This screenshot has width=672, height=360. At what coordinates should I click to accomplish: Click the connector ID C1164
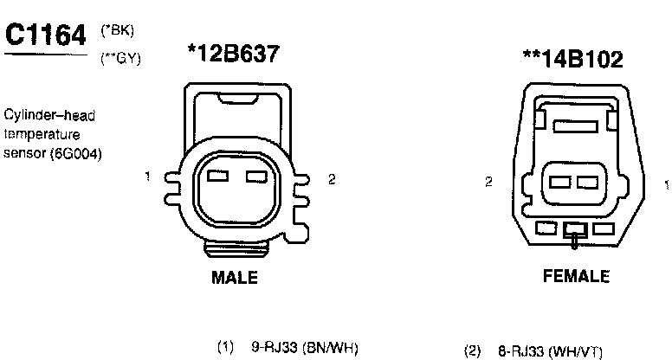point(45,35)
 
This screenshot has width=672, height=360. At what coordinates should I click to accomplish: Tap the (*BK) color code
point(118,30)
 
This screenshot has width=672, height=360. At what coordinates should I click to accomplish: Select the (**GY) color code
point(120,58)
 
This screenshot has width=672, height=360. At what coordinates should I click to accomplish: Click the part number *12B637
point(234,54)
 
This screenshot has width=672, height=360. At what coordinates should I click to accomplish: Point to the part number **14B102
point(573,59)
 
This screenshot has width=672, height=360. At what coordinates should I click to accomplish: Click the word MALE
point(235,278)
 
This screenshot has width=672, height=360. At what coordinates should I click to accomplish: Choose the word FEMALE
point(576,276)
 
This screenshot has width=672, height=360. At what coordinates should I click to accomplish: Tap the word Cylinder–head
point(49,115)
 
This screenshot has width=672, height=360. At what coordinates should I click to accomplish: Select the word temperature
point(42,134)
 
